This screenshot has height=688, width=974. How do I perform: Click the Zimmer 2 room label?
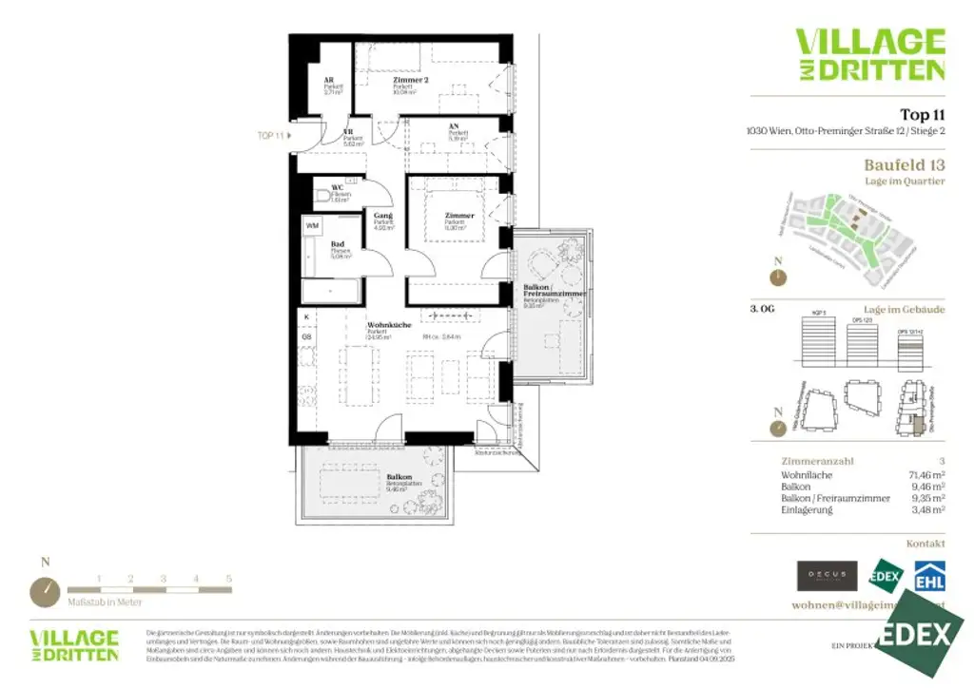tap(411, 81)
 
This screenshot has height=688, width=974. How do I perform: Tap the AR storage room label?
tap(329, 81)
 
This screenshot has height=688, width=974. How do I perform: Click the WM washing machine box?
tap(312, 225)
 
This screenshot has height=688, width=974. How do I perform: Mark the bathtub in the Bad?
tap(330, 290)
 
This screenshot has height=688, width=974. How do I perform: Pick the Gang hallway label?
tap(383, 217)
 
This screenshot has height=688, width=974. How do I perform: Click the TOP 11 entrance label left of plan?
tap(271, 136)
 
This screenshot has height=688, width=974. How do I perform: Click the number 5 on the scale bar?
tap(228, 578)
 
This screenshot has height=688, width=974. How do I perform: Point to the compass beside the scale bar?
tap(44, 591)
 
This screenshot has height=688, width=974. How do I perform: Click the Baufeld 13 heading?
tap(904, 164)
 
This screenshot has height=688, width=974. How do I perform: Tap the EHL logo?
tap(928, 576)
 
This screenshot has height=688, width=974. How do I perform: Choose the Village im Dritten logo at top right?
tap(869, 54)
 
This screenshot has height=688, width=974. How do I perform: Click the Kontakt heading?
tap(925, 544)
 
